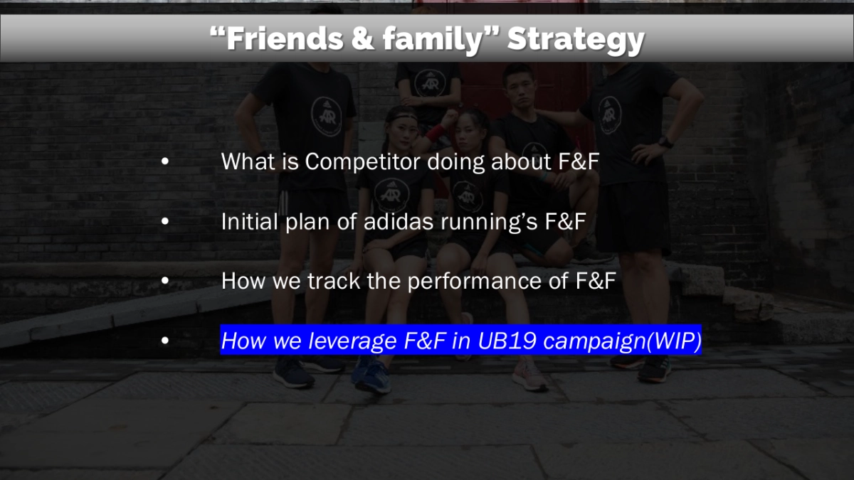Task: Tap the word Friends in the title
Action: click(278, 39)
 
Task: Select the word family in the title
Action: click(426, 39)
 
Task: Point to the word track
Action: click(334, 282)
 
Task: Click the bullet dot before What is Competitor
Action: click(165, 162)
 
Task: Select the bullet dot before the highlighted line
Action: click(165, 342)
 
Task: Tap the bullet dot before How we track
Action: click(165, 282)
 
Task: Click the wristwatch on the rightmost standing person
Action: click(665, 142)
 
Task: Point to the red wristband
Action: click(433, 133)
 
